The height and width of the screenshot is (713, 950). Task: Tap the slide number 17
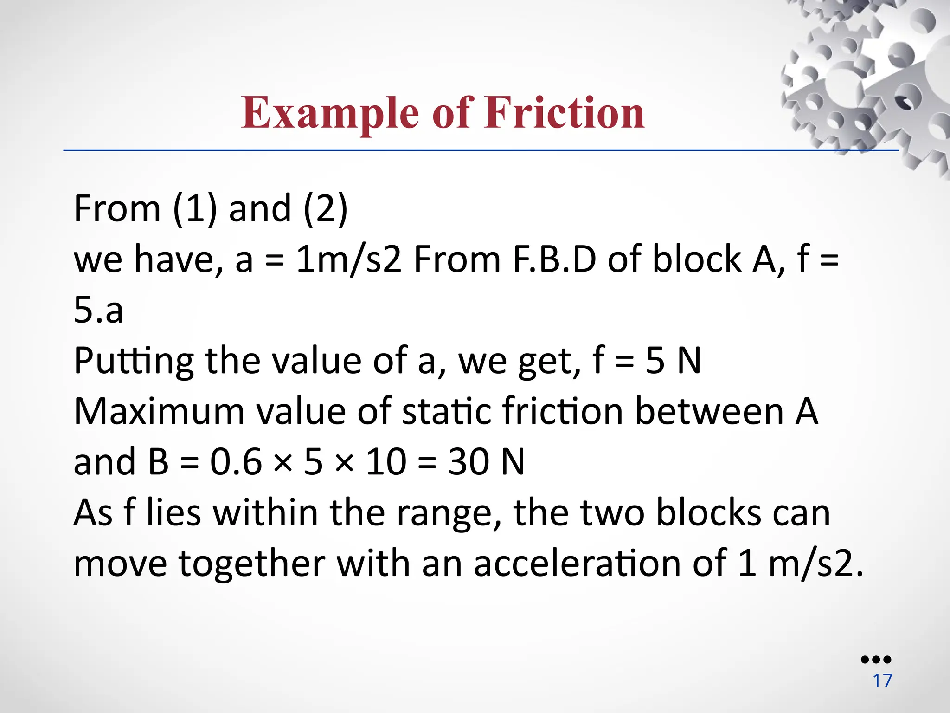tap(882, 681)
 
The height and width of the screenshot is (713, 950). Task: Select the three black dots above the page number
tap(876, 659)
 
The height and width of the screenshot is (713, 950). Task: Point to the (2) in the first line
tap(325, 208)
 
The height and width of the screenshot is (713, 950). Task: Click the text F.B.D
tap(554, 259)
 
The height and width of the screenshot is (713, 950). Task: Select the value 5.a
tap(98, 310)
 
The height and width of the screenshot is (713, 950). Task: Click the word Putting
tap(134, 361)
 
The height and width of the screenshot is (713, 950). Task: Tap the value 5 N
tap(673, 361)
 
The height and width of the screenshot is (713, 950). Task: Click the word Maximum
tap(159, 411)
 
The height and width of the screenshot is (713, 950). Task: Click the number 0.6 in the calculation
tap(236, 462)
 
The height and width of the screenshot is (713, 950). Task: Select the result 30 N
tap(486, 462)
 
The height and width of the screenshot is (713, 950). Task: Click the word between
tap(709, 411)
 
